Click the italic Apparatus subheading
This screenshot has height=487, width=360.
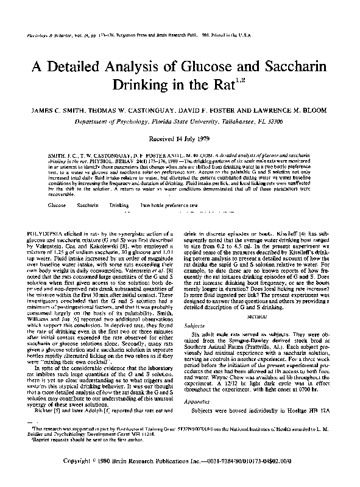pyautogui.click(x=197, y=404)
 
